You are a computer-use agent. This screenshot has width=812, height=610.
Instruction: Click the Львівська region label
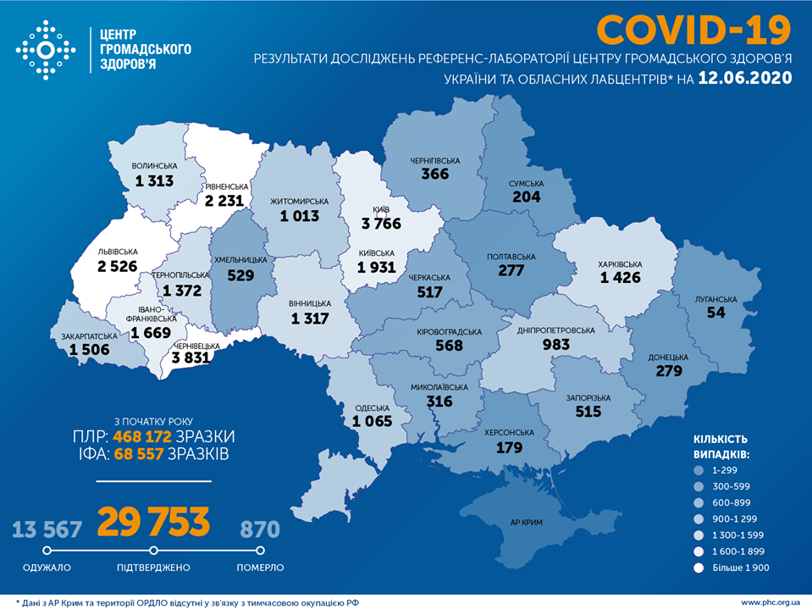[x=117, y=251]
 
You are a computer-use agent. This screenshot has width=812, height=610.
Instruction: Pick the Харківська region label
[x=621, y=263]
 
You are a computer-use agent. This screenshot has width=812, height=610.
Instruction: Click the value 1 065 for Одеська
[x=374, y=421]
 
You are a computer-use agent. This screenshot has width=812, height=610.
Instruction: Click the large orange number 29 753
[x=153, y=523]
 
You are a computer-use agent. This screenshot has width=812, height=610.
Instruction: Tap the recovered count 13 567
[x=47, y=530]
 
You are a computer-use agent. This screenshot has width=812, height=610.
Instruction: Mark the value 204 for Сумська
[x=526, y=197]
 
